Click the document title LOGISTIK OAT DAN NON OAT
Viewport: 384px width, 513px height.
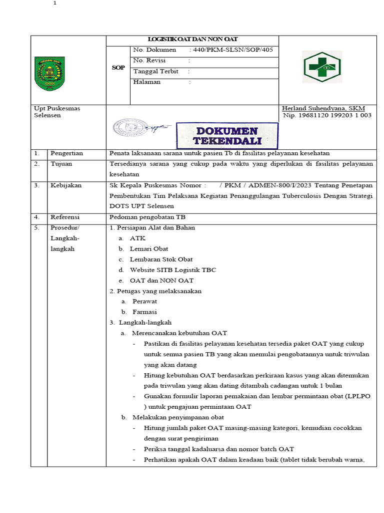(x=192, y=40)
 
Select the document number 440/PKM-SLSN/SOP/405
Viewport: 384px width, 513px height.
(x=231, y=50)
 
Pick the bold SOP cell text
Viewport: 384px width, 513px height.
(x=118, y=67)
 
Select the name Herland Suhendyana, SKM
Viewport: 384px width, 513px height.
(x=323, y=108)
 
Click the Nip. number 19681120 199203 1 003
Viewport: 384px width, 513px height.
(x=327, y=115)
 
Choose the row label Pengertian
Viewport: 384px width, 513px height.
(x=66, y=153)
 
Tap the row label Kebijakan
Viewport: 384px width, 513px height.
(x=65, y=185)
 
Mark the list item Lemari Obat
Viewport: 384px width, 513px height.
(x=149, y=249)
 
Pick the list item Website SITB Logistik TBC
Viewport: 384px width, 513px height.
(x=173, y=270)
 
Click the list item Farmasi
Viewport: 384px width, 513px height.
(x=144, y=312)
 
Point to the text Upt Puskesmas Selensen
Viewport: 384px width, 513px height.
(x=56, y=112)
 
